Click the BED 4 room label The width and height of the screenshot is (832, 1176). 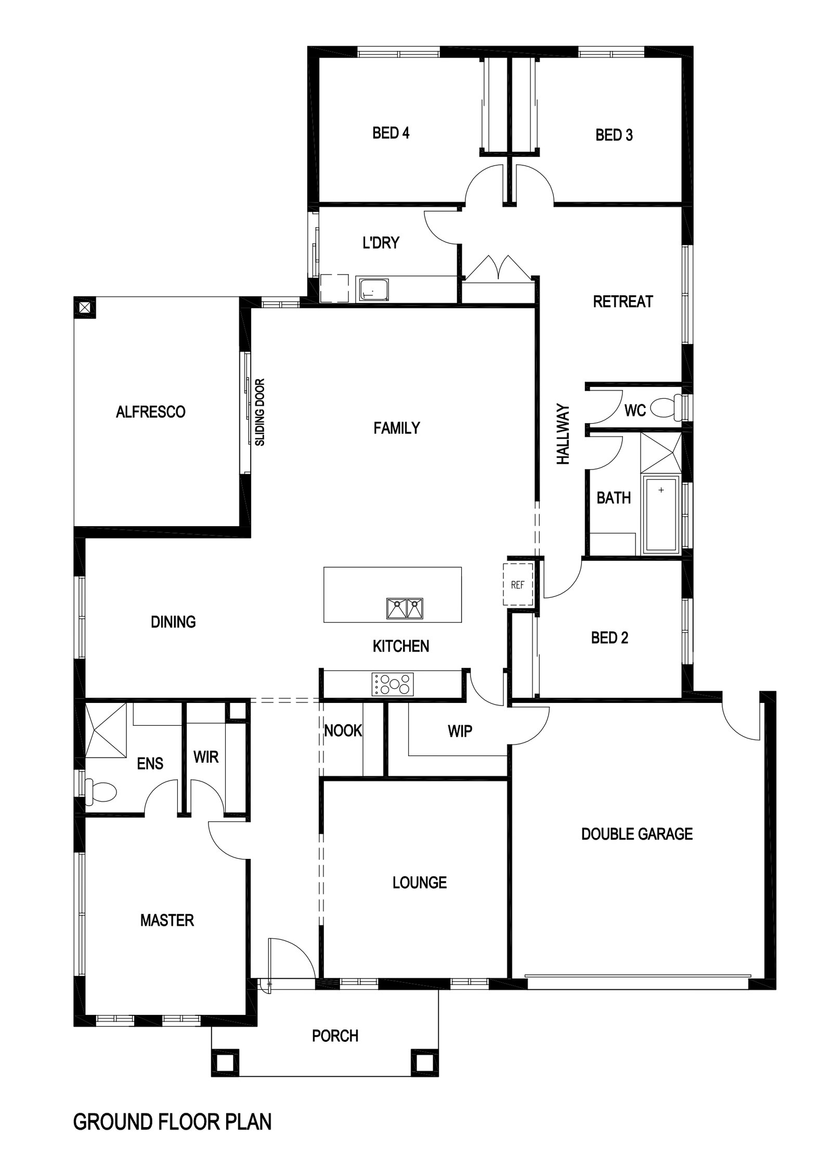pos(391,133)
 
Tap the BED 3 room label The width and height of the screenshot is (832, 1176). pos(614,135)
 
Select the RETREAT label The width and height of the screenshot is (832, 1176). pos(622,302)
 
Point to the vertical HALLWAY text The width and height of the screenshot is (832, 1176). pos(563,435)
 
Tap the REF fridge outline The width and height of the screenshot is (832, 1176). pos(518,584)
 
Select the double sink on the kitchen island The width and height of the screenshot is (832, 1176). pos(405,608)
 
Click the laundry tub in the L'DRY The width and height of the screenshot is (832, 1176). pos(372,289)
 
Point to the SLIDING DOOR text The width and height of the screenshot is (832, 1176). pos(260,412)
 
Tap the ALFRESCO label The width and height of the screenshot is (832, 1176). pos(150,412)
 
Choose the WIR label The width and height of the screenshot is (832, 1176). pos(206,757)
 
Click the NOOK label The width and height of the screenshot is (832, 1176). pos(343,731)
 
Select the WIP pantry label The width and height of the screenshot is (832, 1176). pos(460,731)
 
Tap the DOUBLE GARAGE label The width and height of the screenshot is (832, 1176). pos(636,834)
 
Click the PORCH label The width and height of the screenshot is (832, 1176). pos(335,1036)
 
